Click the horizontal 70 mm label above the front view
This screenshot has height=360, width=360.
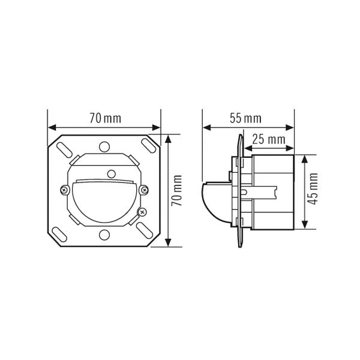click(x=106, y=118)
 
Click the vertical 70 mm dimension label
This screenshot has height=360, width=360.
click(x=177, y=191)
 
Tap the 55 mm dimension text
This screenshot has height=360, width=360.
click(x=245, y=118)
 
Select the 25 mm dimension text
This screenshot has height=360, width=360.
click(x=269, y=139)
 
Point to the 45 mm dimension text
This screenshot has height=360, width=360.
click(x=313, y=189)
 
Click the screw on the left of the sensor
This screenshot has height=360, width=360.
click(x=65, y=190)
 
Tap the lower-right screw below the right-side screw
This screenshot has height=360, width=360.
click(x=142, y=212)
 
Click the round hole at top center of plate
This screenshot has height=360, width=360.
click(x=104, y=147)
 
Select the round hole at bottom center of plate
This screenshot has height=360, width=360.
click(x=104, y=235)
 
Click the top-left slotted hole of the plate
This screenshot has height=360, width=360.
click(x=64, y=149)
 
